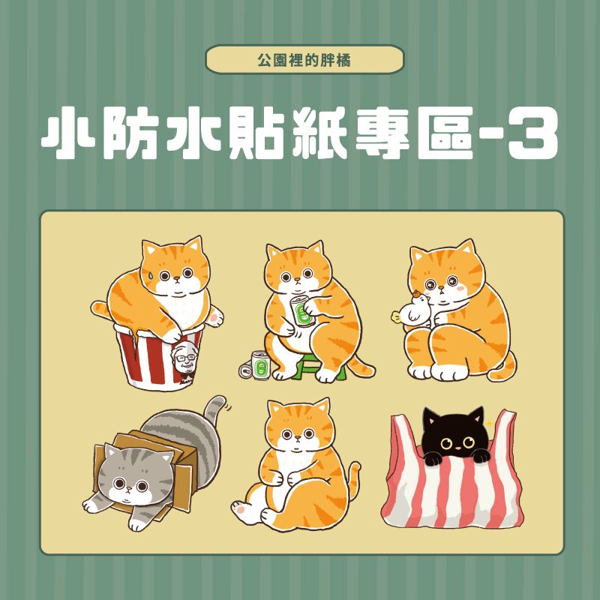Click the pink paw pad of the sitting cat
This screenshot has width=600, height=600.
click(x=241, y=510)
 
